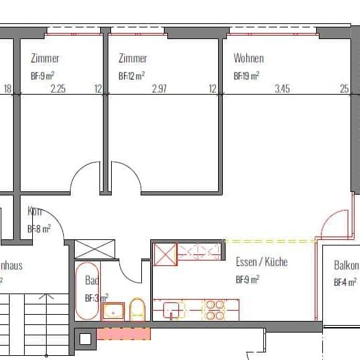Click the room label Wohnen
pyautogui.click(x=248, y=59)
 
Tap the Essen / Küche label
pyautogui.click(x=261, y=263)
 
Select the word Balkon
pyautogui.click(x=346, y=265)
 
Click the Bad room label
pyautogui.click(x=91, y=280)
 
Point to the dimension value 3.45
pyautogui.click(x=283, y=88)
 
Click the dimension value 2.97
pyautogui.click(x=159, y=88)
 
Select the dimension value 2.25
pyautogui.click(x=58, y=88)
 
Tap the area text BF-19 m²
pyautogui.click(x=246, y=75)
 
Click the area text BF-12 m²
pyautogui.click(x=131, y=75)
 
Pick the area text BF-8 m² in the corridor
pyautogui.click(x=38, y=229)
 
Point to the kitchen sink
pyautogui.click(x=172, y=310)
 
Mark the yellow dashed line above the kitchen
pyautogui.click(x=269, y=241)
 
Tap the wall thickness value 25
pyautogui.click(x=344, y=88)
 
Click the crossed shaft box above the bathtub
pyautogui.click(x=88, y=249)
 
